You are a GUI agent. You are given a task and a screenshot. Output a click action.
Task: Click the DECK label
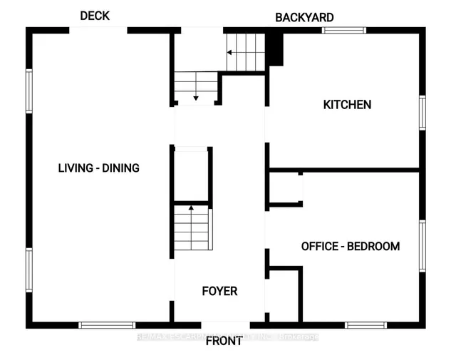[95, 16]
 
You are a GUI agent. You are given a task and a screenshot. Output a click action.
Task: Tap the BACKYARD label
[304, 17]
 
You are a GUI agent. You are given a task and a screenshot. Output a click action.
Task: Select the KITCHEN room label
[347, 105]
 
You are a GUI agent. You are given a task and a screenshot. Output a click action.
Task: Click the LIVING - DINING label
[98, 168]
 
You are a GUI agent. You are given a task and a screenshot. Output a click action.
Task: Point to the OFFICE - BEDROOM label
[350, 247]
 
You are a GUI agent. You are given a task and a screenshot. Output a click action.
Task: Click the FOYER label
[219, 291]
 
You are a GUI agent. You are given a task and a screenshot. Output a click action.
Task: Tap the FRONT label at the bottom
[224, 341]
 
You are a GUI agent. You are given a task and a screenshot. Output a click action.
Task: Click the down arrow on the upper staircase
[196, 95]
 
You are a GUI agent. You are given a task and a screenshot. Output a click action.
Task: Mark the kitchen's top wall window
[343, 30]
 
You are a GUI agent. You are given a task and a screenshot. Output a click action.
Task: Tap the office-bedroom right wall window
[422, 246]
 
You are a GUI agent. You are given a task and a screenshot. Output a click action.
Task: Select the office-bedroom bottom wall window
[366, 325]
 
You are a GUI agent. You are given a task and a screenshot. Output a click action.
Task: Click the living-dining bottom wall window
[107, 325]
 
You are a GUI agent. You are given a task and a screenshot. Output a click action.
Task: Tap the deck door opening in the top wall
[98, 30]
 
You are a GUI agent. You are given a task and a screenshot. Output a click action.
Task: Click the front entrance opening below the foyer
[219, 324]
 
